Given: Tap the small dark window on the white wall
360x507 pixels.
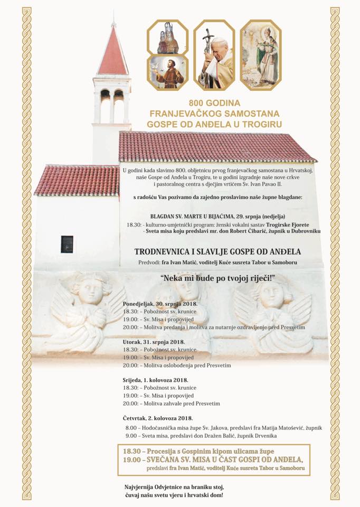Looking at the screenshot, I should (67, 244).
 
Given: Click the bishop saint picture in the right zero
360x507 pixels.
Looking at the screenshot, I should (261, 55).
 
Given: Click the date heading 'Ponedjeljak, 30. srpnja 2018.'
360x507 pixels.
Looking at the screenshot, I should (159, 305).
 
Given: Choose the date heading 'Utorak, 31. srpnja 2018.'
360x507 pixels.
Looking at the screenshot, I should (153, 342).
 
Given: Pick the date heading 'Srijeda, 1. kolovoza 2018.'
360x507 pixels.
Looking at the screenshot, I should (155, 380).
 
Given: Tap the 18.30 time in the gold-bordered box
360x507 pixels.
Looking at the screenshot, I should (132, 452).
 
